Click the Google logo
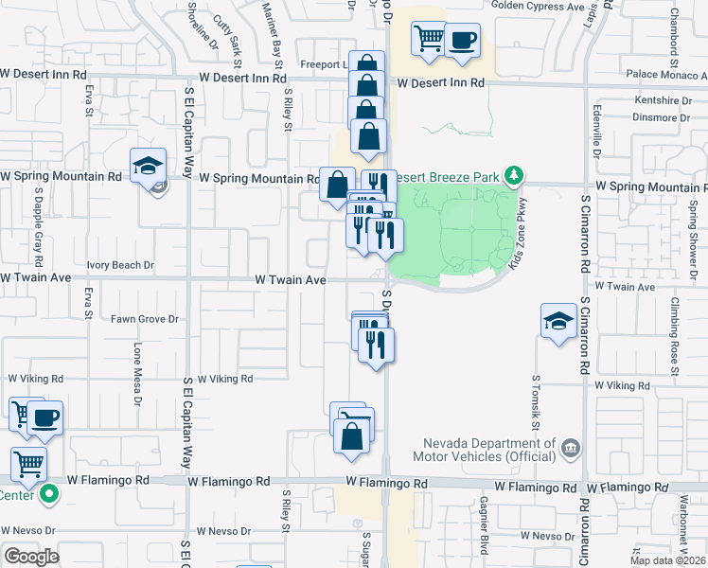click(31, 557)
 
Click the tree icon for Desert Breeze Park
click(514, 175)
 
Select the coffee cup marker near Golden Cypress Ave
click(462, 41)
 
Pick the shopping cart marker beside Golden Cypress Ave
click(429, 39)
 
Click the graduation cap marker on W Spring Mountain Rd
click(149, 166)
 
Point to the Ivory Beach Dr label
click(119, 266)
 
